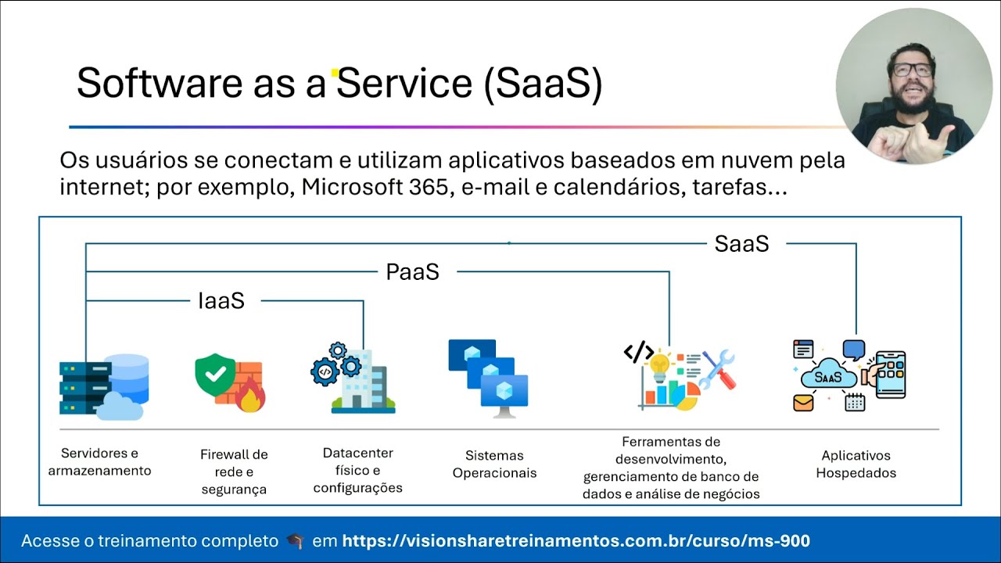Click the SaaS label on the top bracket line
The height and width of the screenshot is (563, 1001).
click(x=741, y=244)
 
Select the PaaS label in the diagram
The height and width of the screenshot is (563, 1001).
click(x=412, y=272)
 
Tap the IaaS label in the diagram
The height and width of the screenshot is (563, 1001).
click(x=221, y=301)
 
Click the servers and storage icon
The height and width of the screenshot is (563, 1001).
click(x=103, y=385)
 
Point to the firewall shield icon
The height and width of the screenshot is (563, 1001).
click(x=229, y=382)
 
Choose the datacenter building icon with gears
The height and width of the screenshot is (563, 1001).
click(x=353, y=378)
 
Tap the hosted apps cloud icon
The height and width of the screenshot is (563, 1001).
click(x=849, y=376)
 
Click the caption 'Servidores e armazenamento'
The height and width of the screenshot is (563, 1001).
click(x=100, y=462)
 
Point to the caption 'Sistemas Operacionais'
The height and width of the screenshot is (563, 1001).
click(x=494, y=464)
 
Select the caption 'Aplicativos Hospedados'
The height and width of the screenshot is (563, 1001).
click(x=856, y=464)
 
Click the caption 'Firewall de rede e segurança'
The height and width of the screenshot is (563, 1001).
click(x=234, y=472)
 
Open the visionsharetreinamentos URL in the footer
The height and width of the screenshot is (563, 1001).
click(x=576, y=541)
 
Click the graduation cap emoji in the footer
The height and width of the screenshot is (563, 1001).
click(x=295, y=541)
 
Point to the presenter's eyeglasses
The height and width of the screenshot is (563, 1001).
click(x=912, y=70)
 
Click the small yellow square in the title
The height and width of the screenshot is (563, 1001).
click(x=335, y=74)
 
